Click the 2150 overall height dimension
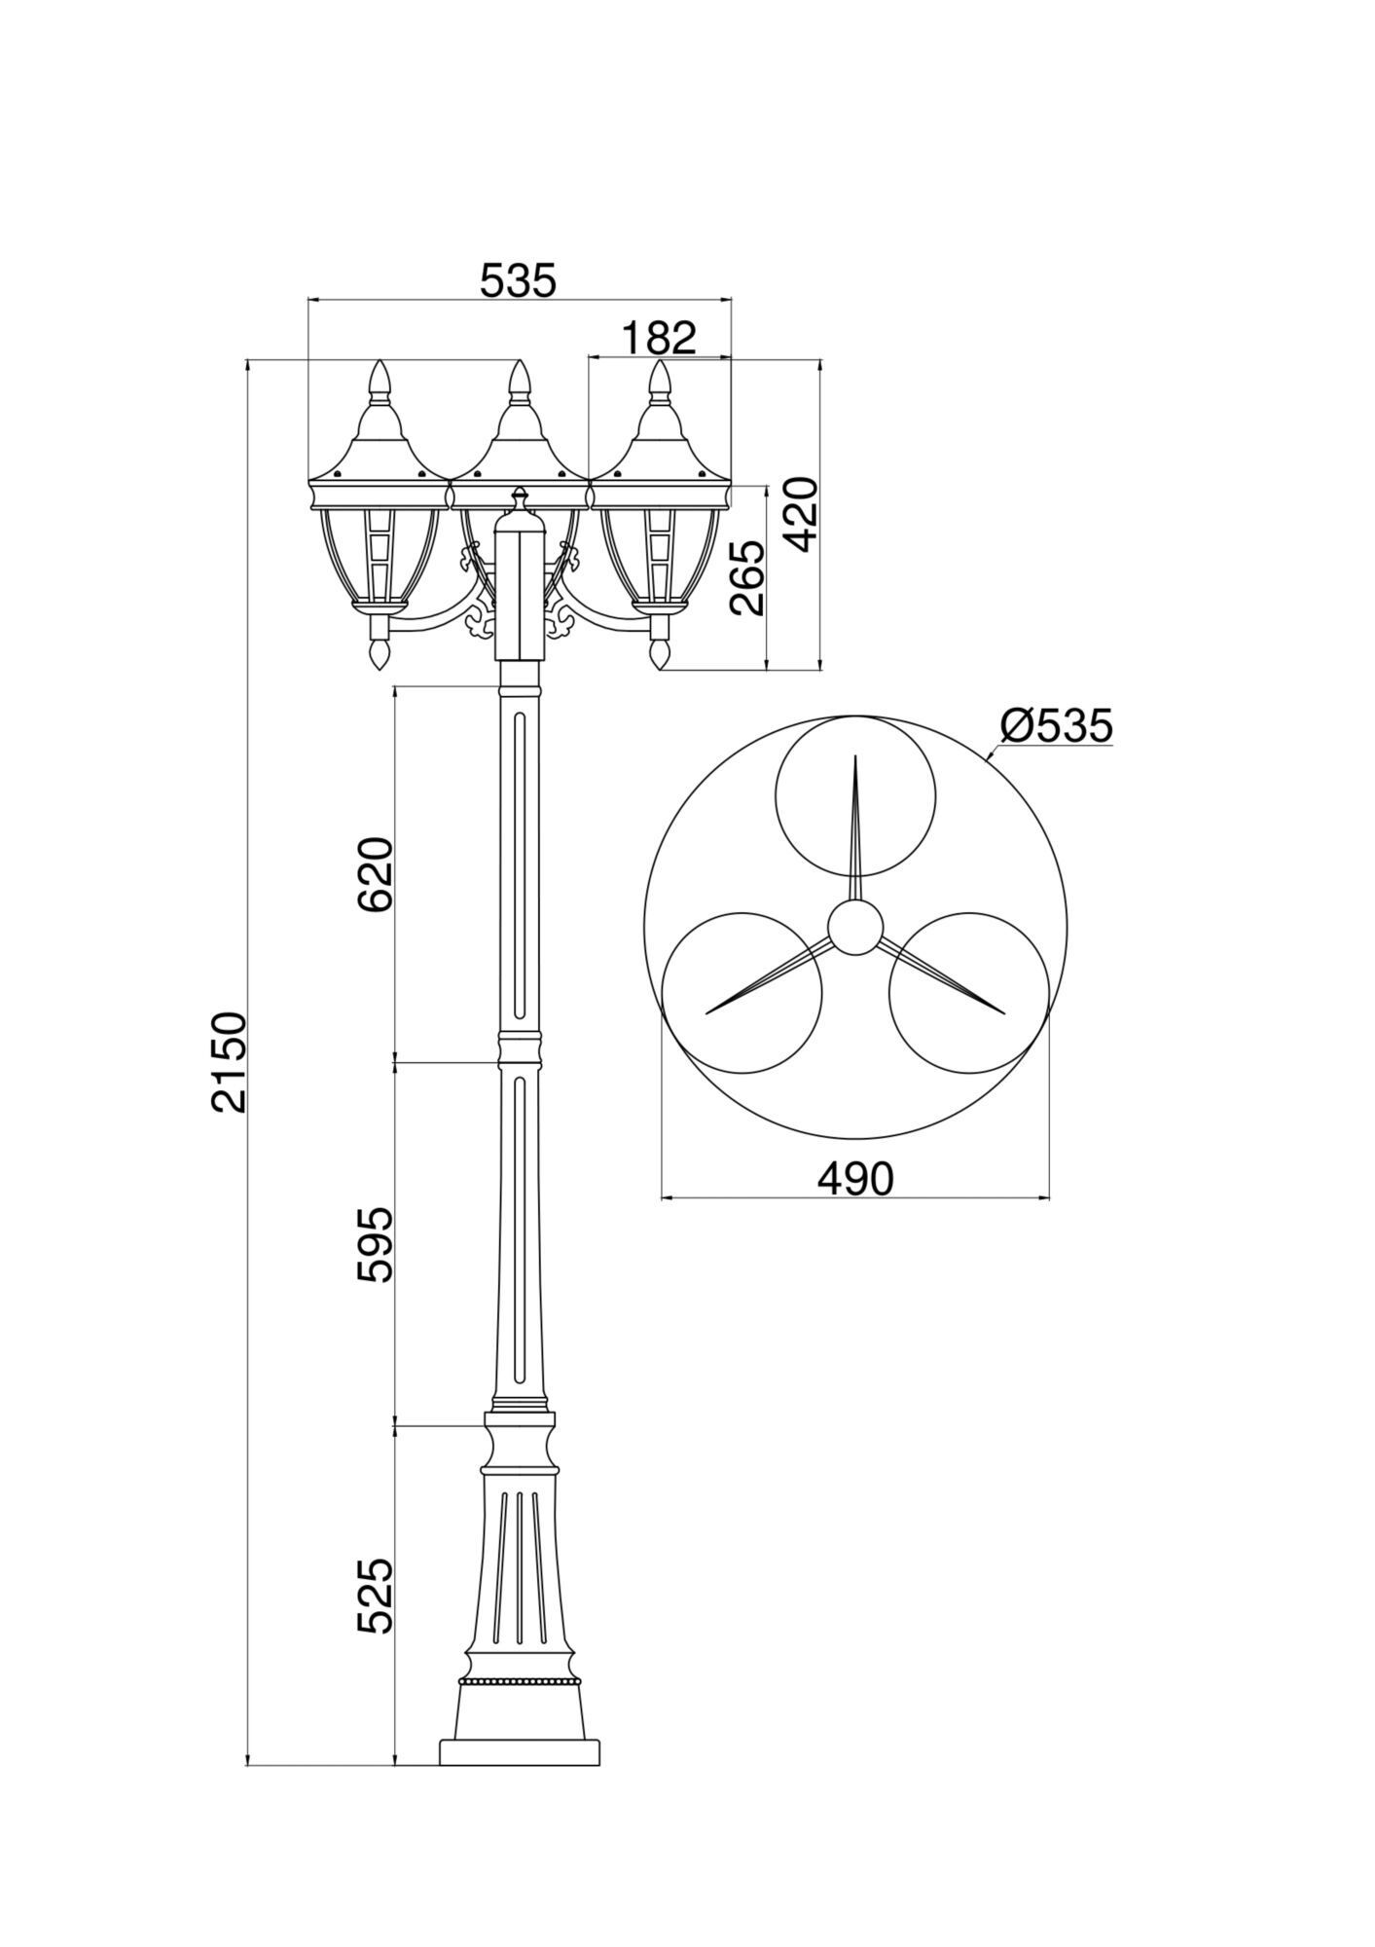pos(232,1062)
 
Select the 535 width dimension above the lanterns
pos(518,280)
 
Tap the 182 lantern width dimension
pos(659,338)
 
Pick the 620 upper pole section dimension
pos(376,873)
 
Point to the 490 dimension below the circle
pos(854,1179)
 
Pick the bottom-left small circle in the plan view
pos(742,993)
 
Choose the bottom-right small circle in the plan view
pos(969,993)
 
